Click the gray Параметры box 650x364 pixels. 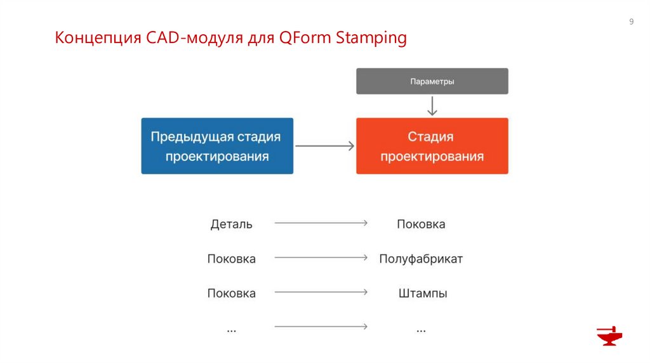pyautogui.click(x=432, y=81)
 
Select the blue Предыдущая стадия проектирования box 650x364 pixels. pyautogui.click(x=217, y=146)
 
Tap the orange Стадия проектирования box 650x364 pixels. pyautogui.click(x=432, y=146)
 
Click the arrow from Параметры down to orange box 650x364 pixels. pyautogui.click(x=432, y=105)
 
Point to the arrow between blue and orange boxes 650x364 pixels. pyautogui.click(x=324, y=146)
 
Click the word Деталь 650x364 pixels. pyautogui.click(x=231, y=224)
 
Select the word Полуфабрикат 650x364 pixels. pyautogui.click(x=421, y=259)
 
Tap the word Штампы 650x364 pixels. pyautogui.click(x=423, y=294)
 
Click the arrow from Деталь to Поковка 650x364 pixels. pyautogui.click(x=321, y=223)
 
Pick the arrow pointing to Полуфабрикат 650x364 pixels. pyautogui.click(x=321, y=257)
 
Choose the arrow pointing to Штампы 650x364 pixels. pyautogui.click(x=321, y=292)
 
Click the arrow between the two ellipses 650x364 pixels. pyautogui.click(x=321, y=327)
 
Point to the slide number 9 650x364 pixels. pyautogui.click(x=631, y=22)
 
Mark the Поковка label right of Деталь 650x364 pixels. pyautogui.click(x=421, y=224)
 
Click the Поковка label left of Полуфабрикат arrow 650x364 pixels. pyautogui.click(x=231, y=259)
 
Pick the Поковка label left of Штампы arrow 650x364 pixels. pyautogui.click(x=231, y=294)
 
